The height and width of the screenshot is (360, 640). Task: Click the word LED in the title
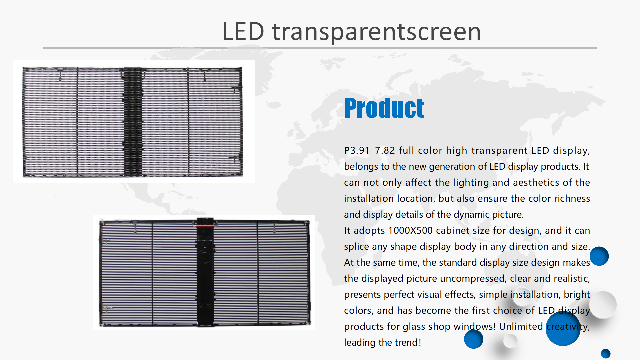243,31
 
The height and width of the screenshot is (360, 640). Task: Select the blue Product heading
384,108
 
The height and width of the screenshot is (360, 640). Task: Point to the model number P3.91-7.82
369,150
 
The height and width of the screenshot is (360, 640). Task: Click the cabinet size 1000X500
410,230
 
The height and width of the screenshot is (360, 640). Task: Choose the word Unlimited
521,326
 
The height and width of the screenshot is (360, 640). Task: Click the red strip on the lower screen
205,226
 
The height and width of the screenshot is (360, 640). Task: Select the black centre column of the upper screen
133,122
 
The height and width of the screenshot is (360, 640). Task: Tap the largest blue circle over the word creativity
563,329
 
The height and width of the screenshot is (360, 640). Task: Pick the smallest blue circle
606,353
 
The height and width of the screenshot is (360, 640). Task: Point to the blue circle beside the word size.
599,256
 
